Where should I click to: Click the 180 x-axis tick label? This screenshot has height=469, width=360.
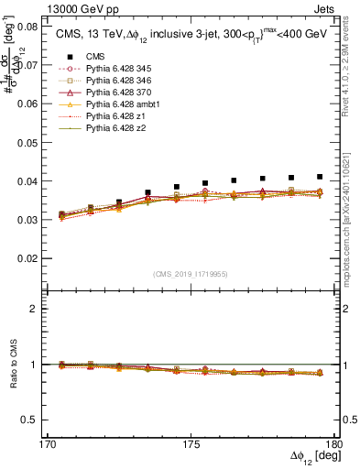(335, 442)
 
